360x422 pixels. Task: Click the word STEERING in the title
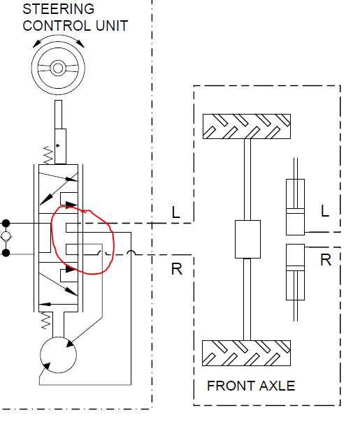pos(59,9)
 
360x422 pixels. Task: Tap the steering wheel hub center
pos(58,68)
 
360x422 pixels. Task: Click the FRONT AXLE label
pos(251,386)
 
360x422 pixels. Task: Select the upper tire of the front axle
pos(247,126)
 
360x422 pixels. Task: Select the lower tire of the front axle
pos(246,353)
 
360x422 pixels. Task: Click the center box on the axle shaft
pos(247,239)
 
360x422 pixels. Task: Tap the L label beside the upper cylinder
pos(325,211)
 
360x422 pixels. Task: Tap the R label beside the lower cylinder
pos(326,260)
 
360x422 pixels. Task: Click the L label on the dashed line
pos(176,212)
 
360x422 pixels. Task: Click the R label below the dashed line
pos(177,269)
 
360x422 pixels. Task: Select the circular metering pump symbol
pos(58,355)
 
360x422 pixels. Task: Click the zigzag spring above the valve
pos(48,155)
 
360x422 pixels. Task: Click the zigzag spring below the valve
pos(45,321)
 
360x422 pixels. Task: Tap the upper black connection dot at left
pos(6,223)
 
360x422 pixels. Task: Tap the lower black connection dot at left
pos(6,253)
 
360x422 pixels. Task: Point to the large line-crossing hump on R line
pos(131,252)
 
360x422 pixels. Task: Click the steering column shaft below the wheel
pos(59,115)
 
